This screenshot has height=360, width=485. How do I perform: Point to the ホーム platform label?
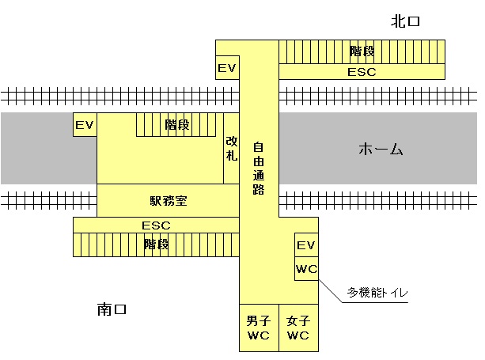[x=381, y=149]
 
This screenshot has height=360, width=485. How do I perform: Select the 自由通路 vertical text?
[x=258, y=169]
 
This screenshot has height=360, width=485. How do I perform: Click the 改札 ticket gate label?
[x=231, y=148]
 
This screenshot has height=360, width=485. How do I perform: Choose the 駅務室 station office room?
[x=168, y=200]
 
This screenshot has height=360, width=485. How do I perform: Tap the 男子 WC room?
[x=259, y=328]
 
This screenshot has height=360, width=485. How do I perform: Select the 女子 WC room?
[x=298, y=328]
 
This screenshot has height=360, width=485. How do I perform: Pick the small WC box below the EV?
[x=306, y=269]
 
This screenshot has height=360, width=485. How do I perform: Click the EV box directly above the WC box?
[x=306, y=245]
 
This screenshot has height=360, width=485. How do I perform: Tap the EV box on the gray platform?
[x=85, y=125]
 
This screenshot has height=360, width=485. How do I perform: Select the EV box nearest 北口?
[x=227, y=68]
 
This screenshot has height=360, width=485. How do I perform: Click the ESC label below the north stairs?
[x=362, y=71]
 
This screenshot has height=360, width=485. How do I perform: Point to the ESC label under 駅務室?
[x=156, y=225]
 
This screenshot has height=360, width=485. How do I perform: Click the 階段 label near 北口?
[x=362, y=51]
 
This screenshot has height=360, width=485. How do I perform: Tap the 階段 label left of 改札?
[x=177, y=124]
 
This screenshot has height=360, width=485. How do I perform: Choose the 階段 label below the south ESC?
[x=156, y=244]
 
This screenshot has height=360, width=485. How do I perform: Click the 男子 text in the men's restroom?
[x=259, y=320]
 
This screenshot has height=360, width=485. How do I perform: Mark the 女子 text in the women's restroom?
[x=298, y=320]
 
